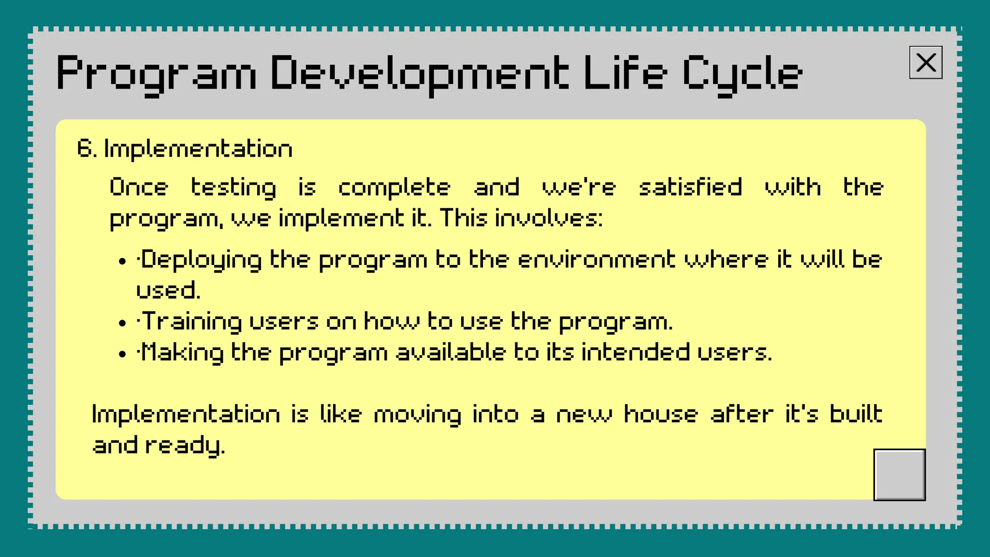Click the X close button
click(926, 62)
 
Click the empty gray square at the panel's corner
click(899, 475)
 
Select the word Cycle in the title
click(742, 74)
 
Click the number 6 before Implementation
click(84, 148)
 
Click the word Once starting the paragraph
click(139, 187)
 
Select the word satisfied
click(690, 187)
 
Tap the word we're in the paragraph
click(579, 187)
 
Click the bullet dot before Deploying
click(122, 262)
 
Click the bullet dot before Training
click(122, 323)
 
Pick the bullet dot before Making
click(122, 354)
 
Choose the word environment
click(596, 260)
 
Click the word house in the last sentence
click(661, 414)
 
